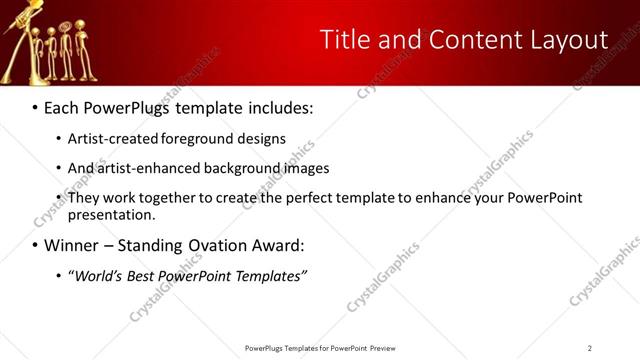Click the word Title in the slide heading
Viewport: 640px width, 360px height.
coord(343,40)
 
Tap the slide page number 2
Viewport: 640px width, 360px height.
coord(589,348)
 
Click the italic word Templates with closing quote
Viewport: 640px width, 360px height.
coord(270,276)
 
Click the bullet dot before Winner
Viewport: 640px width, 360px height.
coord(36,246)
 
